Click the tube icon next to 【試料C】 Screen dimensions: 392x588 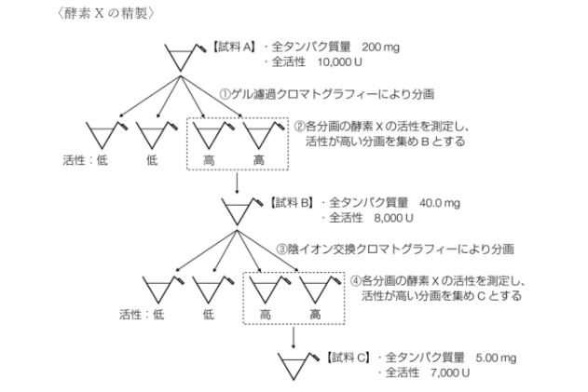click(x=297, y=363)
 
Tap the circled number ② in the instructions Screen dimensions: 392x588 click(x=300, y=126)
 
